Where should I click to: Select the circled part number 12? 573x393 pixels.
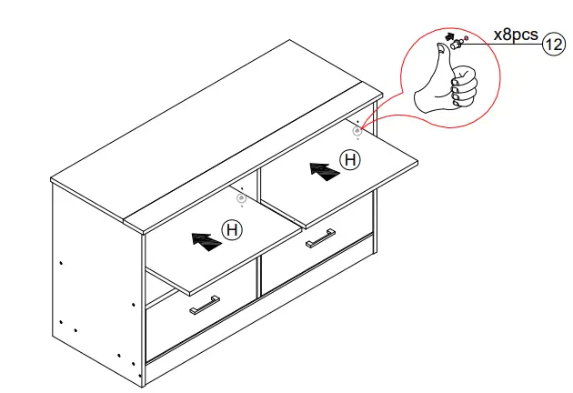(x=553, y=43)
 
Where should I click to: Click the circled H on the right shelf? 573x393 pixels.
(x=349, y=161)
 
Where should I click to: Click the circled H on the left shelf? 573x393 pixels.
(x=233, y=230)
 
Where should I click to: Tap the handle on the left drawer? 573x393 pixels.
(x=204, y=305)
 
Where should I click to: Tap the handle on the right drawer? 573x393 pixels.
(x=320, y=238)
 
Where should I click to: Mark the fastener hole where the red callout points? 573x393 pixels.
(x=357, y=131)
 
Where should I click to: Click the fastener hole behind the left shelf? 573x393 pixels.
(x=241, y=196)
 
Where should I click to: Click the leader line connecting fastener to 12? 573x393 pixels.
(x=505, y=43)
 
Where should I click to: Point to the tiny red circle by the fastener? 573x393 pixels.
(x=466, y=38)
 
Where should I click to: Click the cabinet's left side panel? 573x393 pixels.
(x=91, y=273)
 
